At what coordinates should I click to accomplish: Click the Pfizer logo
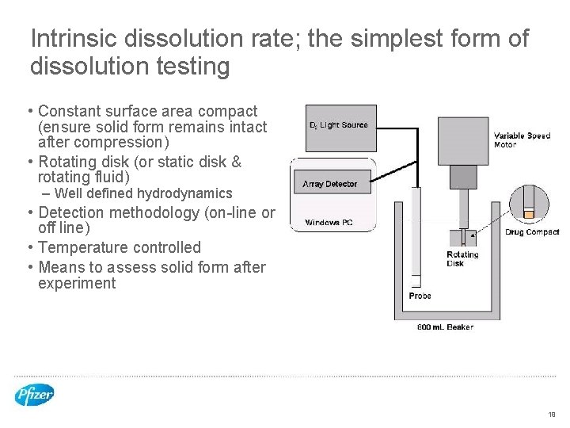pyautogui.click(x=35, y=394)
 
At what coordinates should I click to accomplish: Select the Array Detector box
pyautogui.click(x=330, y=183)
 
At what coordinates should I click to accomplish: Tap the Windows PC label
pyautogui.click(x=329, y=223)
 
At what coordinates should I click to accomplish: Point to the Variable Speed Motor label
pyautogui.click(x=522, y=139)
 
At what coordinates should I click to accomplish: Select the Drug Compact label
pyautogui.click(x=532, y=232)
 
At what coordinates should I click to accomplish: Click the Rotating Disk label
pyautogui.click(x=462, y=258)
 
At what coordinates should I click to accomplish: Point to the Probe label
pyautogui.click(x=420, y=296)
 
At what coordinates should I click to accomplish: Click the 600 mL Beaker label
pyautogui.click(x=445, y=327)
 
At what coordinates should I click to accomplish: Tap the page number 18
pyautogui.click(x=551, y=414)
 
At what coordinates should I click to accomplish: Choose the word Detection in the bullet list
pyautogui.click(x=71, y=212)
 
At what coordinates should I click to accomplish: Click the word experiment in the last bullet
pyautogui.click(x=77, y=284)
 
